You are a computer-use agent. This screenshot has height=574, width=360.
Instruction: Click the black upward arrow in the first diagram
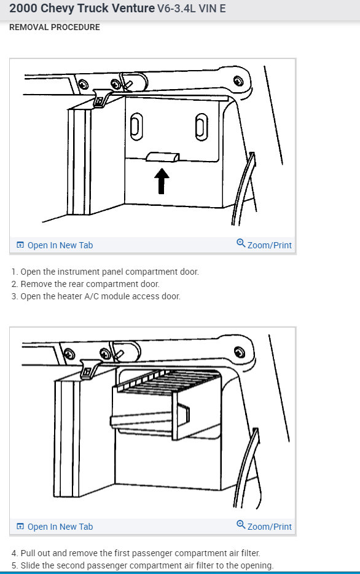click(162, 181)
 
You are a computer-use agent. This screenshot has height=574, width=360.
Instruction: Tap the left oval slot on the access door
click(136, 127)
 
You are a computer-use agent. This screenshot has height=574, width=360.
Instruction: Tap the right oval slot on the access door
click(202, 127)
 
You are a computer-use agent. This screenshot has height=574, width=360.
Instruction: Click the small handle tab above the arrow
click(163, 157)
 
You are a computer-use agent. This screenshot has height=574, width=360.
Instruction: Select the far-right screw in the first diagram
click(238, 81)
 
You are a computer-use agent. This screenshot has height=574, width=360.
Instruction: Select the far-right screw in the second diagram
click(240, 352)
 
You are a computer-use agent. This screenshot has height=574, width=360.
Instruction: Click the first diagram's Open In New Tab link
click(55, 245)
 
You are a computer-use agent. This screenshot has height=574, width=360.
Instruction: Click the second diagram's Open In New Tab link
click(55, 527)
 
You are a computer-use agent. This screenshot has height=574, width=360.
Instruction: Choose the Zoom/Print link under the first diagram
click(264, 245)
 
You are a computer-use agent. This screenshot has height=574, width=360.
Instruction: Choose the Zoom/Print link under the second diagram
click(264, 526)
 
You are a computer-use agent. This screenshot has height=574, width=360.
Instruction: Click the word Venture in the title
click(130, 8)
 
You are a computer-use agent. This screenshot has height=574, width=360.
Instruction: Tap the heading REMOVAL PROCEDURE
click(55, 27)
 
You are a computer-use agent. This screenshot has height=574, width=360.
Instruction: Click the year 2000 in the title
click(23, 8)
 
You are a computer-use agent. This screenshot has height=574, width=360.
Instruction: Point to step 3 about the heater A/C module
click(96, 296)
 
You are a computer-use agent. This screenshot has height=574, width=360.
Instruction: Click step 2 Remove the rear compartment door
click(85, 284)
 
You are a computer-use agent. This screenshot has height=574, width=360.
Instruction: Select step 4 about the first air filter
click(136, 553)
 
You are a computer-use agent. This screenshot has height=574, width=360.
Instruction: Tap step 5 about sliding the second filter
click(143, 565)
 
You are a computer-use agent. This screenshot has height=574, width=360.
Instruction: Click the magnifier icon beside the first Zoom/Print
click(241, 243)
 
